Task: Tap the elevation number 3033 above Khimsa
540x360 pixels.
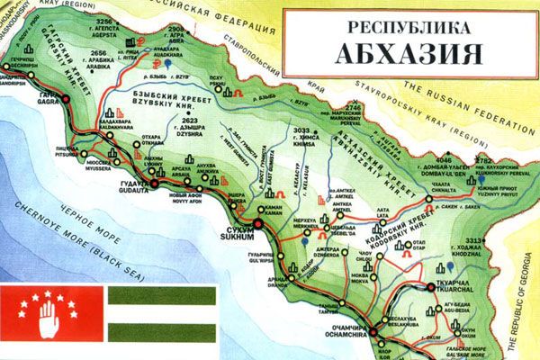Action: [302, 131]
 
